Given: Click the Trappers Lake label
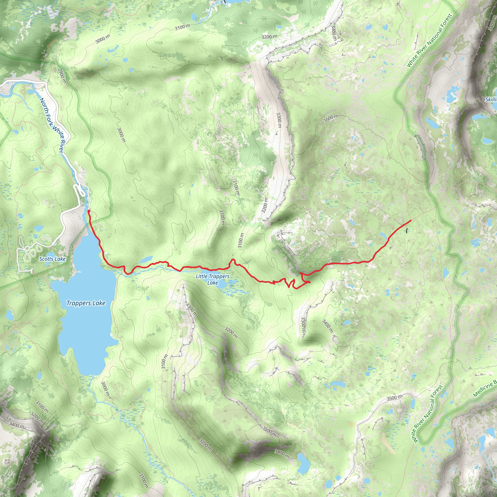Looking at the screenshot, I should click(x=86, y=303).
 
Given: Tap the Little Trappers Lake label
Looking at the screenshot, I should click(x=213, y=279).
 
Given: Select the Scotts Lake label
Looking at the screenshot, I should click(x=52, y=259).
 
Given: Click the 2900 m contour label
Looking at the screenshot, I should click(x=62, y=76).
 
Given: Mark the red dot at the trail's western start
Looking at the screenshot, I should click(x=89, y=211).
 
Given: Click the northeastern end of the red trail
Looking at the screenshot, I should click(x=411, y=220).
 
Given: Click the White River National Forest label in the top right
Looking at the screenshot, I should click(x=429, y=41).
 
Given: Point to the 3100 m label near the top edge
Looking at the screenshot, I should click(x=182, y=27).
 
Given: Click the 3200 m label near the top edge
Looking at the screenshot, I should click(x=269, y=37).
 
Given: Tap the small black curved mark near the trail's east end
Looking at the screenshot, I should click(x=406, y=231).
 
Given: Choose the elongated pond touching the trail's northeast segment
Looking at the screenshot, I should click(x=384, y=235).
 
